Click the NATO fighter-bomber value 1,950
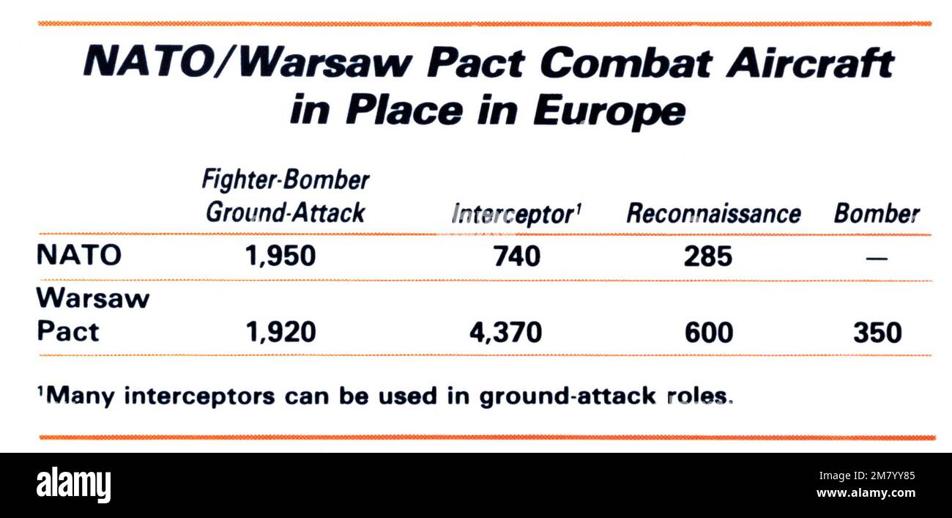point(281,256)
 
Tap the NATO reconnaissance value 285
point(708,256)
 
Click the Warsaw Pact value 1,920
point(281,333)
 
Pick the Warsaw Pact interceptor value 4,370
point(506,333)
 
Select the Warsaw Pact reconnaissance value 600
point(708,333)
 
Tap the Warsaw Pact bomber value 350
point(877,333)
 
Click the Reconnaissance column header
point(713,214)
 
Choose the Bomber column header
point(877,214)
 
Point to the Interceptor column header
point(512,214)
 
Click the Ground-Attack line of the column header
point(285,212)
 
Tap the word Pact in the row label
point(68,332)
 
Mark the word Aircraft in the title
point(809,64)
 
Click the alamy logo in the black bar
point(74,484)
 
